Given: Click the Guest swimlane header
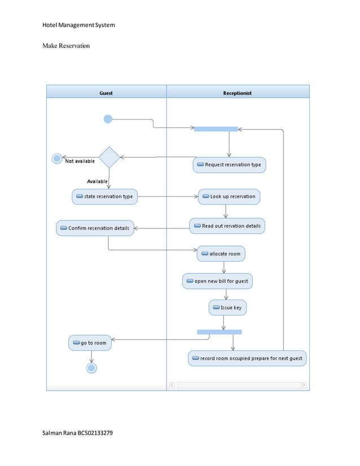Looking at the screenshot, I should [106, 93].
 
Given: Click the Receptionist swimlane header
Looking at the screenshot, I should [238, 93].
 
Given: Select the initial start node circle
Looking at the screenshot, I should [108, 119].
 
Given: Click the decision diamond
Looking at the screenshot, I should [109, 157].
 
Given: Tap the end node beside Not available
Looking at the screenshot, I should [57, 159].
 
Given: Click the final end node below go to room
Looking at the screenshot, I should [91, 368].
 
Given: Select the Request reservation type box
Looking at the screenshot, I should [229, 165].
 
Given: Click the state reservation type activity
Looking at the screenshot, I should [105, 196].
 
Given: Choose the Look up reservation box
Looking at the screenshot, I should [229, 196].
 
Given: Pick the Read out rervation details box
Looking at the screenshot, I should [227, 226].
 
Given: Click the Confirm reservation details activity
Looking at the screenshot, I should [95, 228].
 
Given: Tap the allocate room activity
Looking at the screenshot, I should [221, 254].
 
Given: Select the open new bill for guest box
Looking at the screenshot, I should [217, 281].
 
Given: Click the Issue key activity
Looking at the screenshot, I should [227, 307].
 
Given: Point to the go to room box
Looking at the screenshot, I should [90, 342].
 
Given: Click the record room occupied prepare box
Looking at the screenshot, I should [247, 358].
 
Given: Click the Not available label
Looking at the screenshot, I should [80, 161].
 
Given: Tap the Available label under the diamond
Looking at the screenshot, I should [97, 181].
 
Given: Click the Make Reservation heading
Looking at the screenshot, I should [66, 45].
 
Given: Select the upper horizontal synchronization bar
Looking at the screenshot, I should [216, 129].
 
